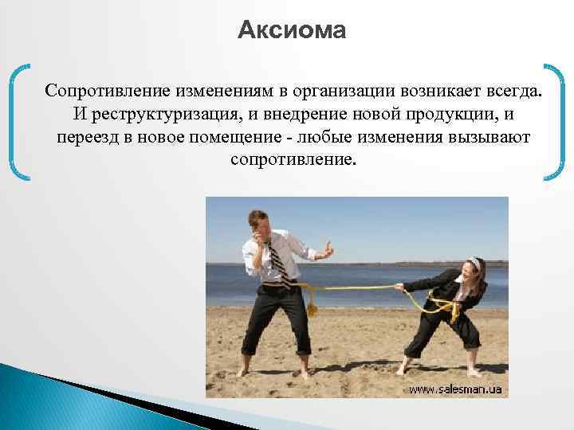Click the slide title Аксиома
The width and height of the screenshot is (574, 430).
coord(292,31)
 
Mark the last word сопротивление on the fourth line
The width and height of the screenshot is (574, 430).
coord(291,161)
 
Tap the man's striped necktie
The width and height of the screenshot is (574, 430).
coord(275,258)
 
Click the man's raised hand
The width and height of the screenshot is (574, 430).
coord(327,252)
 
